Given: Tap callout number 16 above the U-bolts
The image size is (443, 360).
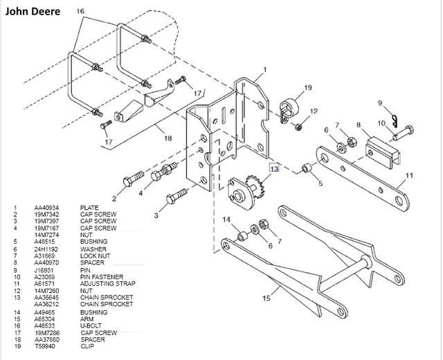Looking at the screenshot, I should [x=80, y=12].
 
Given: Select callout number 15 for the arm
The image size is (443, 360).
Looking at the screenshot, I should [x=267, y=300].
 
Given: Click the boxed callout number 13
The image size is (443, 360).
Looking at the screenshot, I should [x=275, y=168].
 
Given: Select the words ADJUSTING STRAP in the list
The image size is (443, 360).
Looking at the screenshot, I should [x=108, y=284].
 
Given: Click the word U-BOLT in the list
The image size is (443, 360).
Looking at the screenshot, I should [x=92, y=325].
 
